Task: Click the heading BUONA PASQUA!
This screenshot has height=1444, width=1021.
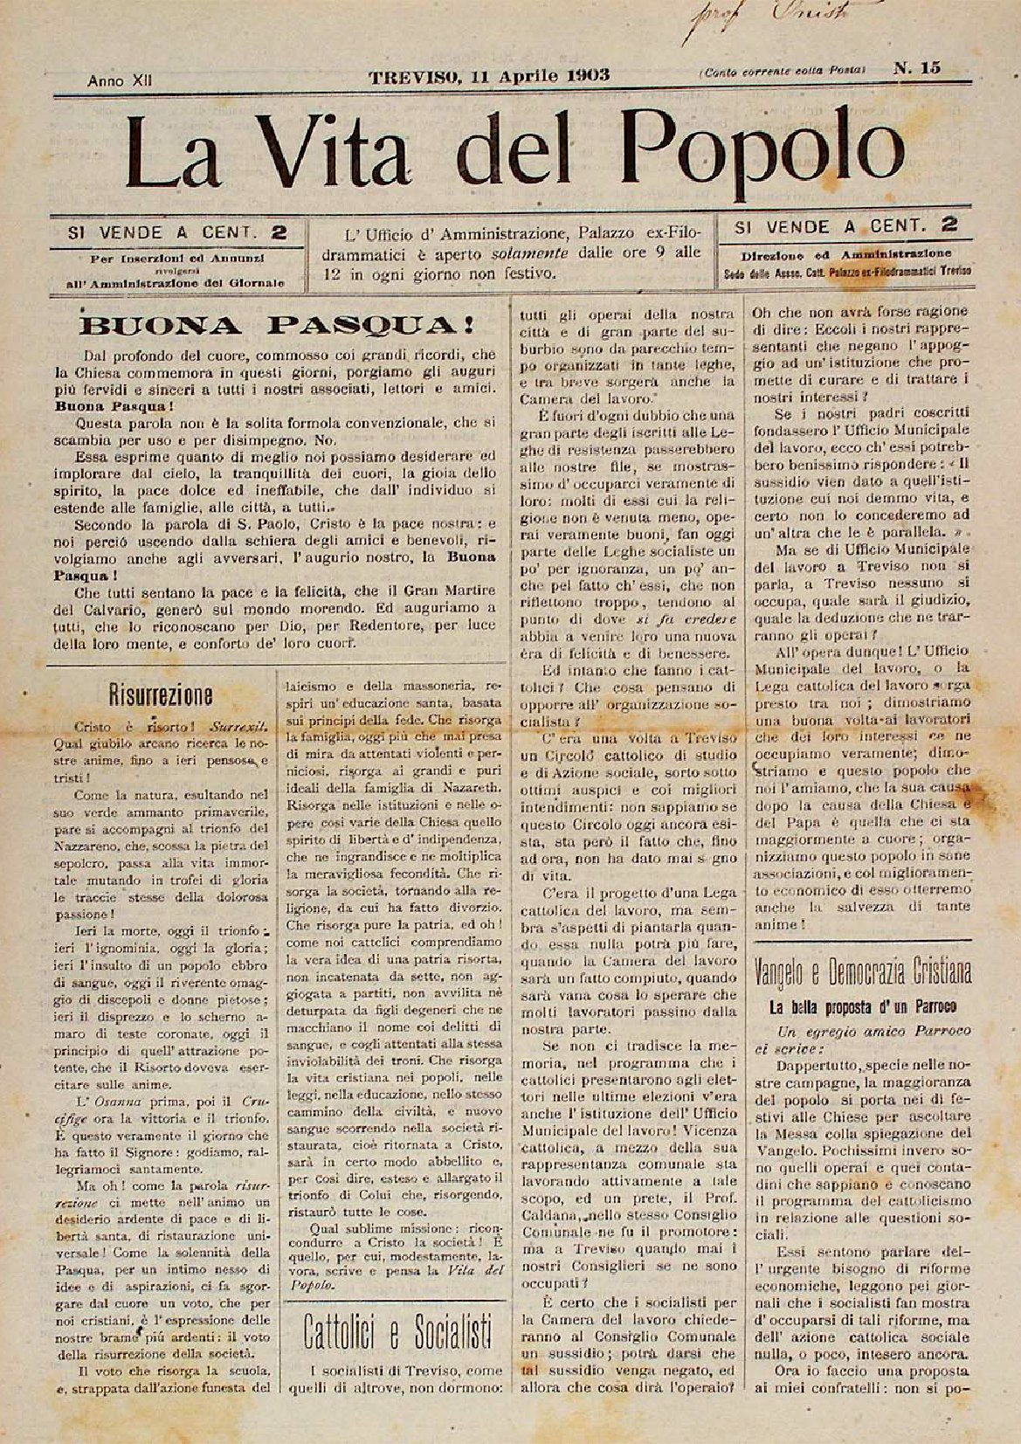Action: [x=277, y=326]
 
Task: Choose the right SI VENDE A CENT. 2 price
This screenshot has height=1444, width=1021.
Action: [x=845, y=225]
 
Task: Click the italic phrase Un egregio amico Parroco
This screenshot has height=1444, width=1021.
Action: [x=860, y=1031]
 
